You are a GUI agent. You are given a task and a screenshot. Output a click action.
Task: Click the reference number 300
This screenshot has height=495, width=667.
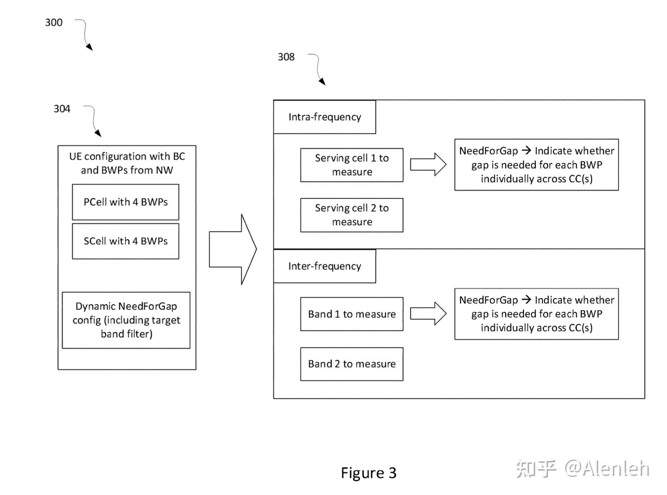[54, 22]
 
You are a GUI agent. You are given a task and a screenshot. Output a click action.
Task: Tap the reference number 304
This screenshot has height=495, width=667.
[62, 109]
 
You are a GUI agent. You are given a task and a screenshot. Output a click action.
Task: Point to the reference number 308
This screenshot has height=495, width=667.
[286, 57]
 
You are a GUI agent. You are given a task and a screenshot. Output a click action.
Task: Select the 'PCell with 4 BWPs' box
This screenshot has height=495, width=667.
[126, 202]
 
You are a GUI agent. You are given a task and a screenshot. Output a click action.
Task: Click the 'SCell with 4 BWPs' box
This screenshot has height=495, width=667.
[126, 241]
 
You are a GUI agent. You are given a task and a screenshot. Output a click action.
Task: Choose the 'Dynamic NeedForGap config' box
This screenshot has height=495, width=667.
[126, 320]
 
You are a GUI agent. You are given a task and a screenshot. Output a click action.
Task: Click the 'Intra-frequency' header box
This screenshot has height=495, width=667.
[324, 117]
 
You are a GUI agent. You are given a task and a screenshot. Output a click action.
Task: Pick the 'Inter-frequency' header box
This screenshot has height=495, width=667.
[324, 266]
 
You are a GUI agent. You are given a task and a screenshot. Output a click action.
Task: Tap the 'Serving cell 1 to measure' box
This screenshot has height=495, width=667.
[352, 165]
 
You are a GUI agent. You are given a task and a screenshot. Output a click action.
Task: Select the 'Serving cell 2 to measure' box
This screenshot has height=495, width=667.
[352, 215]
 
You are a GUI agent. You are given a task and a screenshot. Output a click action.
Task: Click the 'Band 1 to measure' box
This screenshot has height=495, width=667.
[352, 314]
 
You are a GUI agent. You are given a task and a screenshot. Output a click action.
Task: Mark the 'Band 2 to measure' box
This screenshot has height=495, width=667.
[352, 364]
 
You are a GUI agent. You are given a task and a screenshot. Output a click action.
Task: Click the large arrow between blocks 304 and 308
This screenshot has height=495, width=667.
[233, 249]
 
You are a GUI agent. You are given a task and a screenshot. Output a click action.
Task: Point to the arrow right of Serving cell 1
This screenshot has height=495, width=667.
[428, 165]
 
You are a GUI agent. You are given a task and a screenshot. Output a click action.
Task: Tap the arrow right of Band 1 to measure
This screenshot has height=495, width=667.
[428, 314]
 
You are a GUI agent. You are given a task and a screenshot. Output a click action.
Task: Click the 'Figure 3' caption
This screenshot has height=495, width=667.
[368, 473]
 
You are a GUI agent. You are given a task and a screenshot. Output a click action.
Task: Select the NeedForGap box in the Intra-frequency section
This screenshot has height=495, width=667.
[536, 165]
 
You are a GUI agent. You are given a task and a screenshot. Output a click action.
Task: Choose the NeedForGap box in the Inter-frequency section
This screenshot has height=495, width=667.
[536, 314]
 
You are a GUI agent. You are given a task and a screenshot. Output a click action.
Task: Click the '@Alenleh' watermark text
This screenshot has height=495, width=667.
[607, 469]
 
